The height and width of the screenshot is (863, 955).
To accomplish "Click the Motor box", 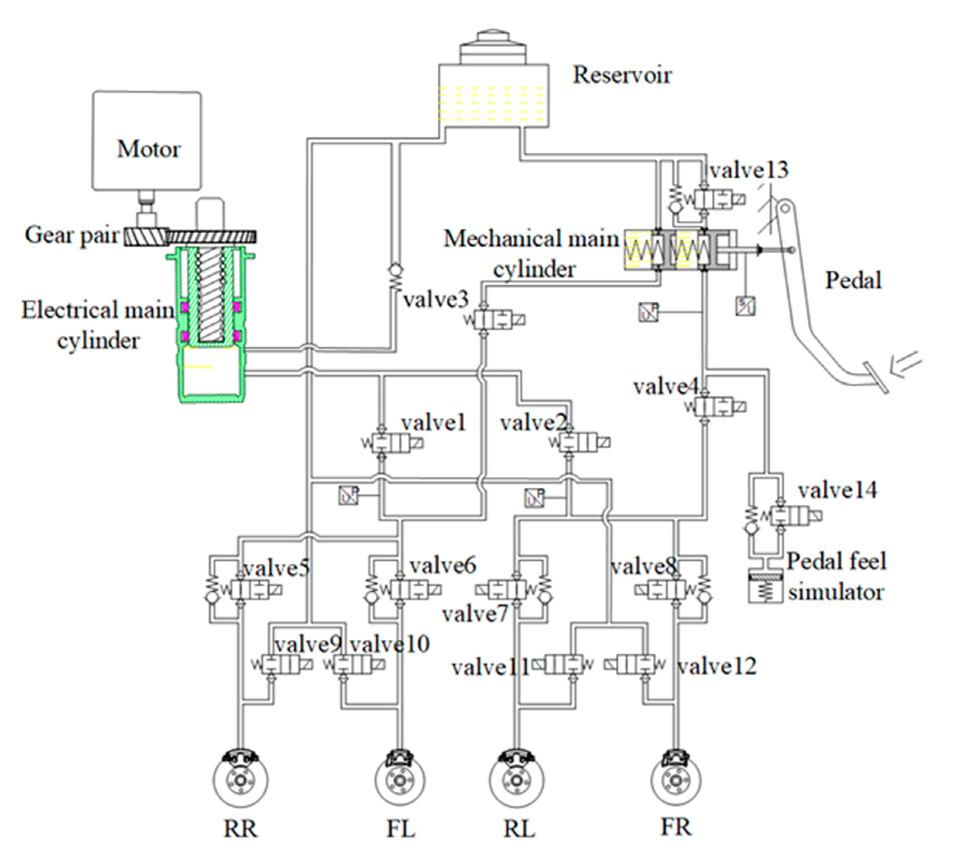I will pyautogui.click(x=146, y=141).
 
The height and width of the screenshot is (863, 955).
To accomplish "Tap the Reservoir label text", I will pyautogui.click(x=622, y=75).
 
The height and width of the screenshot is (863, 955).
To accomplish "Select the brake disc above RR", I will pyautogui.click(x=240, y=780).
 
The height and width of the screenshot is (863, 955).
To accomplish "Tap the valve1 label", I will pyautogui.click(x=433, y=423).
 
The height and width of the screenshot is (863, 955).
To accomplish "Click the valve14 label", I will pyautogui.click(x=837, y=490).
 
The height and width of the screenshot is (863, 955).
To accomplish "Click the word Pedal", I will pyautogui.click(x=853, y=280).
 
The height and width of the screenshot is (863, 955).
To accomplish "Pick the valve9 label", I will pyautogui.click(x=307, y=644).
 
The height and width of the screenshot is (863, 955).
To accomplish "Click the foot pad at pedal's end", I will pyautogui.click(x=875, y=378).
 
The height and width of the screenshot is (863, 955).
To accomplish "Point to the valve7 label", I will pyautogui.click(x=475, y=614).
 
